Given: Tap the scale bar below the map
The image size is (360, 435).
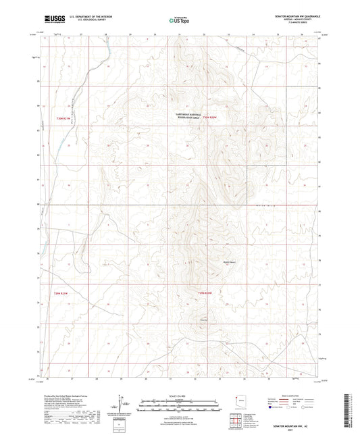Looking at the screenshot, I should click(x=179, y=405).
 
